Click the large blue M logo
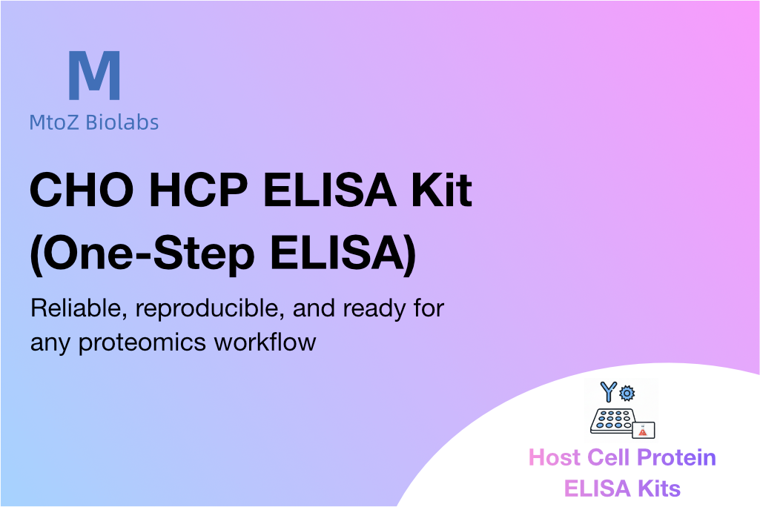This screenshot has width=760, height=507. [x=94, y=75]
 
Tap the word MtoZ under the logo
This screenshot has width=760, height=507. [x=54, y=122]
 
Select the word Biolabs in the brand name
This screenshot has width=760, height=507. [x=122, y=122]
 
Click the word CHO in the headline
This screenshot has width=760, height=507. [x=82, y=189]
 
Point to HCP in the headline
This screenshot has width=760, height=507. [x=199, y=189]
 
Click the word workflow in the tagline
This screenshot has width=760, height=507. [x=265, y=342]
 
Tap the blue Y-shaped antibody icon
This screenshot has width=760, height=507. [x=609, y=391]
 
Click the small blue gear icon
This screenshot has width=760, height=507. [x=627, y=393]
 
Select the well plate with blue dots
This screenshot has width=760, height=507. [x=612, y=421]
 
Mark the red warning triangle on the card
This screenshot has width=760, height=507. [x=643, y=431]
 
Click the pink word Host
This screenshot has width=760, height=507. [x=555, y=457]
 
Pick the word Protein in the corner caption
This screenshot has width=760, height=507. [x=676, y=457]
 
